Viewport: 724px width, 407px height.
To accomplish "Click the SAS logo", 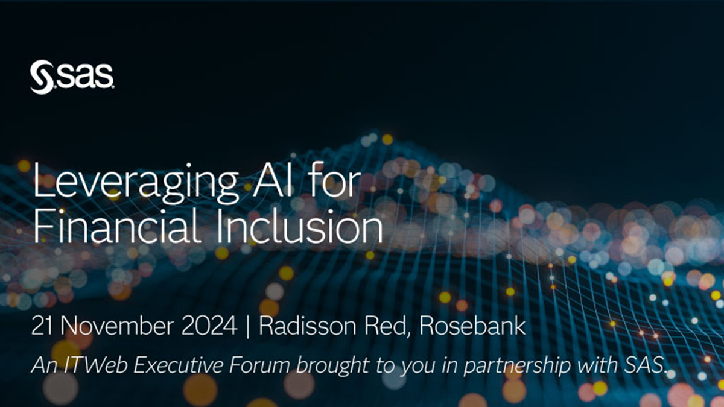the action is (x=72, y=77).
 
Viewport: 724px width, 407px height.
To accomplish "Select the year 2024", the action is (x=209, y=326).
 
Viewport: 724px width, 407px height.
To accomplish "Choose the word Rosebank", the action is (x=472, y=326).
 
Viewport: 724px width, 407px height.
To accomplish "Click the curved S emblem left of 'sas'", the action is (x=42, y=77).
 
